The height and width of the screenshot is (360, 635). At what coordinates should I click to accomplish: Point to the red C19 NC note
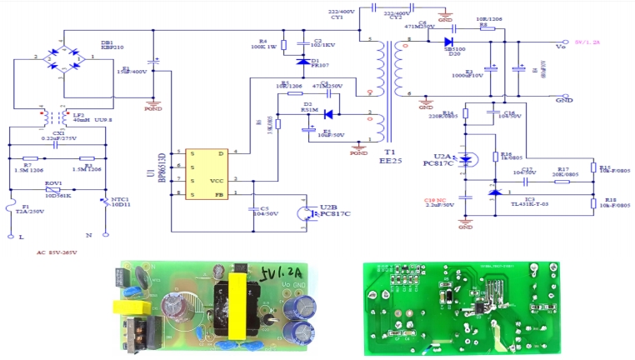[x=437, y=200]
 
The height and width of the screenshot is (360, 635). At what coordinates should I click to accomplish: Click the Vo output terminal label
[x=560, y=47]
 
